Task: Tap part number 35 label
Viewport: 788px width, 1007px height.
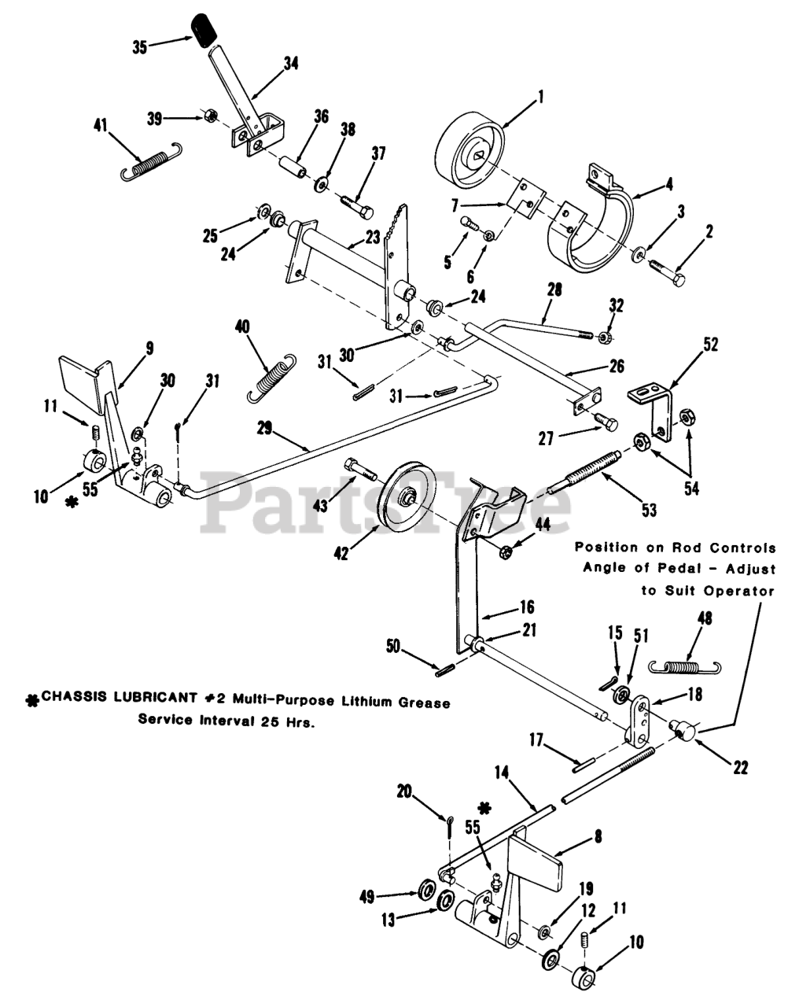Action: tap(140, 47)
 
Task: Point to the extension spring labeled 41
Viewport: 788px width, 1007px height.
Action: tap(148, 163)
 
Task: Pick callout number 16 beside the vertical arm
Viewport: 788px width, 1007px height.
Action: tap(526, 607)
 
